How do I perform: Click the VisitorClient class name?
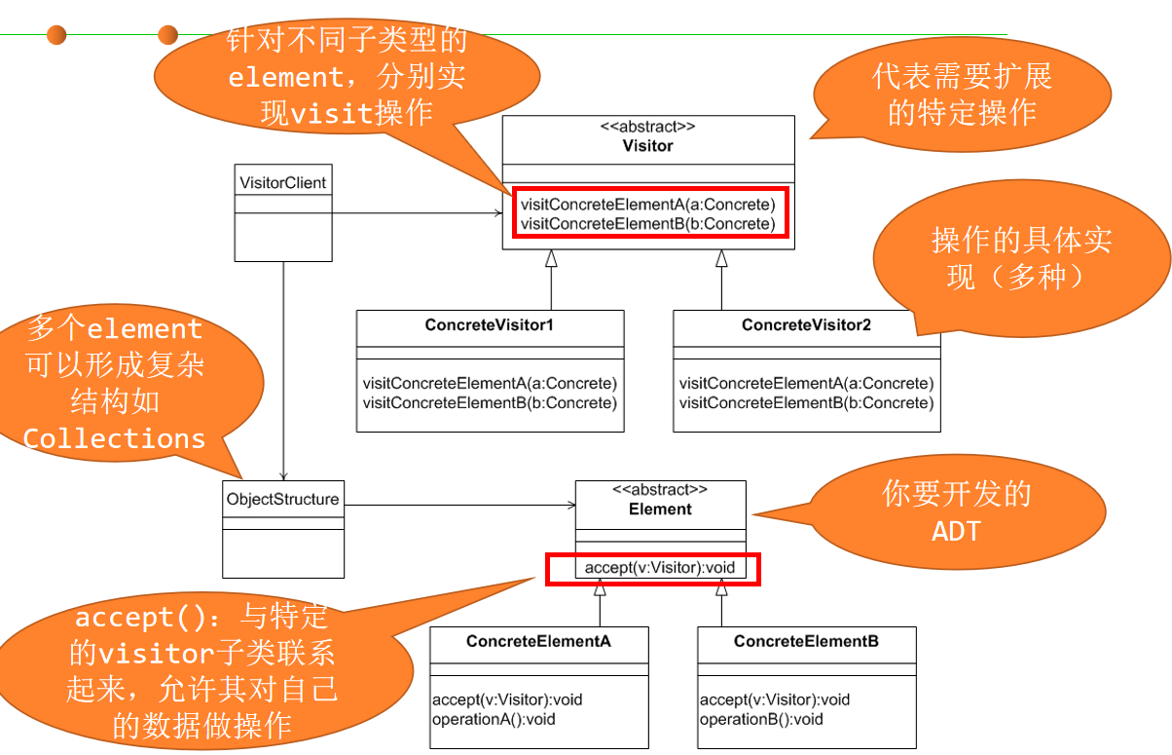(283, 182)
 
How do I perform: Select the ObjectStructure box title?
(282, 500)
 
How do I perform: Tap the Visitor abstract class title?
(647, 146)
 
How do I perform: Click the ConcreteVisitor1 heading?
(489, 325)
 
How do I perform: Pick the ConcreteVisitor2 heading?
(806, 325)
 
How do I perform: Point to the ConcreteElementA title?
(538, 641)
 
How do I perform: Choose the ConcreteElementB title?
(806, 641)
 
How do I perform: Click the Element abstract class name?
(660, 509)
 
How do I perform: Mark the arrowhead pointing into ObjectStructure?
(283, 474)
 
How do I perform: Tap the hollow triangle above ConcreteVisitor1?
(551, 258)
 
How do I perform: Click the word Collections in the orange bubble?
(115, 438)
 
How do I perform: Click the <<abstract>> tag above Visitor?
(647, 127)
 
